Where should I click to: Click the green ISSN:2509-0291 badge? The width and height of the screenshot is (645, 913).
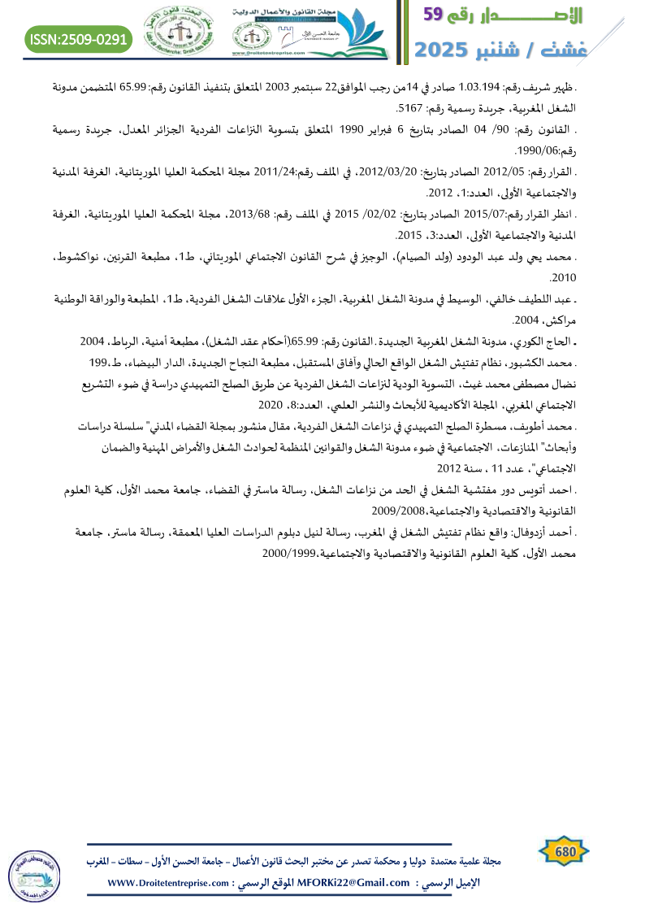point(78,37)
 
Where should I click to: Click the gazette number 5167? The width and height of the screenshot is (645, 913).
point(409,108)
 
